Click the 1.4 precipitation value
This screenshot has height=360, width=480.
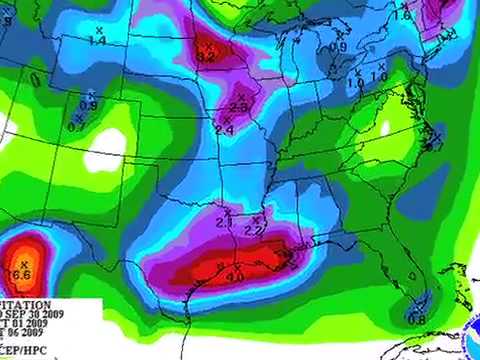[98, 40]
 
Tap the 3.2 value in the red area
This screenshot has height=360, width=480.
[206, 57]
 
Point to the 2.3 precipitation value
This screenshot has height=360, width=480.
[239, 107]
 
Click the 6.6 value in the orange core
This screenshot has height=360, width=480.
[23, 274]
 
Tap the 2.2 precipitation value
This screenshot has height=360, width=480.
[254, 231]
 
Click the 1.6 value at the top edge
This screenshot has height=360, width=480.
[403, 15]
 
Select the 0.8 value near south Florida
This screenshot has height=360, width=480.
[417, 319]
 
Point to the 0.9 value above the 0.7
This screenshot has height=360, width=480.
[88, 105]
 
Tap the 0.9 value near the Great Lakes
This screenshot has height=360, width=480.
[338, 47]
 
